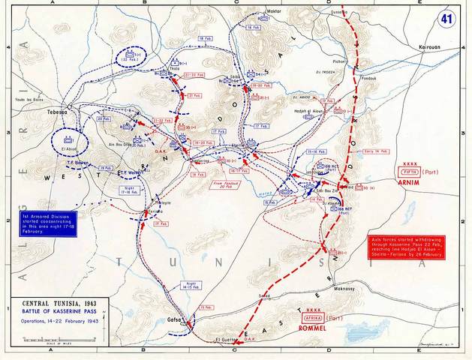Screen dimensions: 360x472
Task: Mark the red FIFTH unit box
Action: (x=410, y=169)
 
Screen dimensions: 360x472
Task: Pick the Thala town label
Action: (x=176, y=67)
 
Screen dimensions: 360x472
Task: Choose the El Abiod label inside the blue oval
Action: (x=64, y=147)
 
